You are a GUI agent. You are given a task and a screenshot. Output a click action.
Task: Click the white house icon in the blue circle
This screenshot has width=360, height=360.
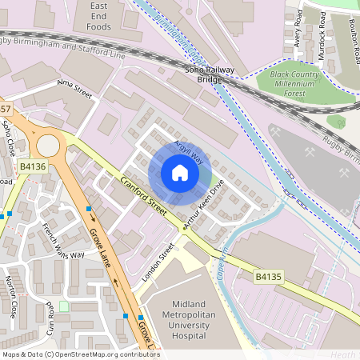pyautogui.click(x=180, y=173)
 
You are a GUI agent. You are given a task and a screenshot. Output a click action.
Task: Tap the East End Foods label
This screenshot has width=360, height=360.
pyautogui.click(x=92, y=16)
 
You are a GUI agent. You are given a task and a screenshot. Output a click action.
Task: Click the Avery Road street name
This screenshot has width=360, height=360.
pyautogui.click(x=298, y=28)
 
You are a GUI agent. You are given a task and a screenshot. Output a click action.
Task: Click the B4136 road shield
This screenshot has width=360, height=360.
pyautogui.click(x=33, y=166)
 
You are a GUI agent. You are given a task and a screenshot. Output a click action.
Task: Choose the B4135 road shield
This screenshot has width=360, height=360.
pyautogui.click(x=269, y=276)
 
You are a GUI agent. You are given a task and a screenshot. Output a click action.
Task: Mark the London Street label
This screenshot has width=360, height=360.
pyautogui.click(x=158, y=262)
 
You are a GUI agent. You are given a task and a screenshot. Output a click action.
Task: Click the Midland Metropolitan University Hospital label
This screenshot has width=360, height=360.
pyautogui.click(x=188, y=319)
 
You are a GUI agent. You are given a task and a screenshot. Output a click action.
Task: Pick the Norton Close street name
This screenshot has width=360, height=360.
pyautogui.click(x=11, y=296)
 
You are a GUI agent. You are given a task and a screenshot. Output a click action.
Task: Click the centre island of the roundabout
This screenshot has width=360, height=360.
pyautogui.click(x=48, y=145)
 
